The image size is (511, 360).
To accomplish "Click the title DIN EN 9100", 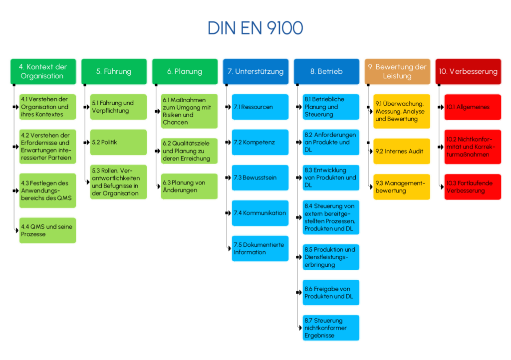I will click(255, 28).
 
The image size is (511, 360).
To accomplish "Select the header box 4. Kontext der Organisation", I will click(43, 71).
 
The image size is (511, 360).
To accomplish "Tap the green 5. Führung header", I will click(114, 71).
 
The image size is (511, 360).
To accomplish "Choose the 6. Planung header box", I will click(185, 71).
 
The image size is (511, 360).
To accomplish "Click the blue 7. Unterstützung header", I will click(255, 71).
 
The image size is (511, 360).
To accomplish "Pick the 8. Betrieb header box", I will click(326, 71).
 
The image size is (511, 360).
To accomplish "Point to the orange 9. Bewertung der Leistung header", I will click(397, 71).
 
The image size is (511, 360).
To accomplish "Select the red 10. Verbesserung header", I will click(468, 71).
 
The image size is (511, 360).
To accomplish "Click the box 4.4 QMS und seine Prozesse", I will click(48, 230).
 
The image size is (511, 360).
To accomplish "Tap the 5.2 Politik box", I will click(118, 142).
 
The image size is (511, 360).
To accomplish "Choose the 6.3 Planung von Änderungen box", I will click(189, 186).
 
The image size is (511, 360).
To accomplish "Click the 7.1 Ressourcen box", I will click(260, 107).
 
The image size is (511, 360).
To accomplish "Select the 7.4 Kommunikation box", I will click(260, 213).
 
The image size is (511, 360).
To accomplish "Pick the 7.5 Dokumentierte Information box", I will click(260, 248).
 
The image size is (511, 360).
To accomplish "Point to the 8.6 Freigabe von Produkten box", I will click(331, 292).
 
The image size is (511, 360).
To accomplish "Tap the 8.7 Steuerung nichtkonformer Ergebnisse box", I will click(331, 328).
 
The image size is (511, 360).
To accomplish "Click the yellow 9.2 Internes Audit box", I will click(402, 151).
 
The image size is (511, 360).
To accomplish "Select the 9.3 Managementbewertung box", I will click(402, 186).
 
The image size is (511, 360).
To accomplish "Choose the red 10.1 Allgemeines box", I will click(473, 107).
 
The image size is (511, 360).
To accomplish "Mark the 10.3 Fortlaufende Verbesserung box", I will click(473, 186).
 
